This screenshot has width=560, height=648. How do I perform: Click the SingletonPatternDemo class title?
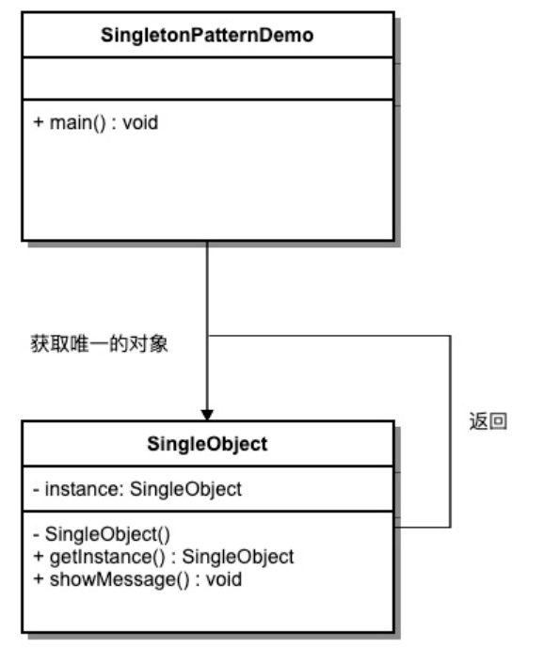(207, 35)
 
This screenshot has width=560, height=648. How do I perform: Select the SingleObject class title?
(207, 444)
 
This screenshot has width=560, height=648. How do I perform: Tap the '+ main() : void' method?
(96, 123)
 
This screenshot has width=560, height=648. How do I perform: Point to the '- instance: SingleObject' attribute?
(137, 489)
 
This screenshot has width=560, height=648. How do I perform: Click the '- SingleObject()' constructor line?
(102, 534)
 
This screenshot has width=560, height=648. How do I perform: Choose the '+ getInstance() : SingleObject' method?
(164, 557)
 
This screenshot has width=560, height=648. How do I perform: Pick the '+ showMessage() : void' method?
(137, 579)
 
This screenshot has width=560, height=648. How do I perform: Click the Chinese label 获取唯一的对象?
(99, 344)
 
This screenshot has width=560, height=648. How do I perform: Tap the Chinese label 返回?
(488, 421)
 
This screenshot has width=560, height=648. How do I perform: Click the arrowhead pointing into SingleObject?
(207, 415)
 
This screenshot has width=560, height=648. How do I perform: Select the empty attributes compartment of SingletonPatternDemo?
(208, 78)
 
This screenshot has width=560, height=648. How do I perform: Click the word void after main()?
(140, 123)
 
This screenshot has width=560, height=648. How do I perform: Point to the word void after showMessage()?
(224, 579)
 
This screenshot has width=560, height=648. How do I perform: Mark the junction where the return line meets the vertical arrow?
(208, 336)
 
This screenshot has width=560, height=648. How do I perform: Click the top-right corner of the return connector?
(450, 336)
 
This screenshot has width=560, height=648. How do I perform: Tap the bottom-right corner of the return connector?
(450, 527)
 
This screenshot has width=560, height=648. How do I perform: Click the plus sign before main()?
(38, 123)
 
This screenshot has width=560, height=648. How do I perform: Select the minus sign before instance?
(37, 490)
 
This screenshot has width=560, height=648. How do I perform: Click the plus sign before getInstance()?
(38, 557)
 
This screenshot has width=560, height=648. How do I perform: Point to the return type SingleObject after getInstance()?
(238, 557)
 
